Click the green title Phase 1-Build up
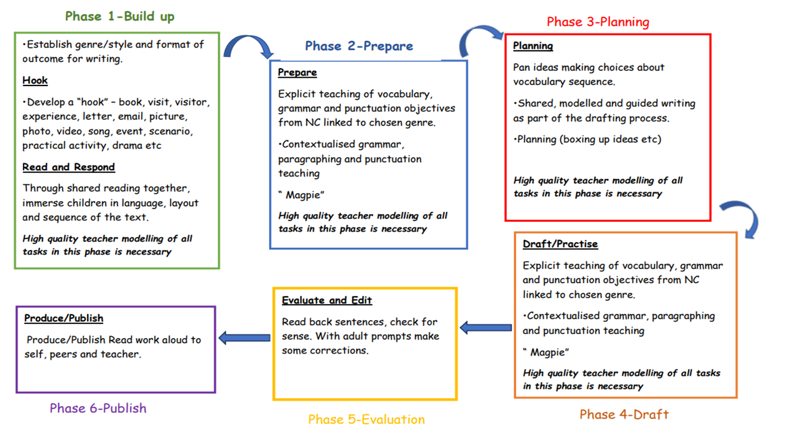tap(120, 16)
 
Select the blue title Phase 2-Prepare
tap(359, 46)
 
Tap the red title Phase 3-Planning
tap(598, 22)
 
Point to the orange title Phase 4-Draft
tap(624, 414)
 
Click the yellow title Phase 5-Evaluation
tap(366, 419)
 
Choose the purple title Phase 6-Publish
tap(98, 408)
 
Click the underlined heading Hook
tap(35, 80)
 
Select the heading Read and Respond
tap(69, 167)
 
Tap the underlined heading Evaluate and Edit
tap(327, 300)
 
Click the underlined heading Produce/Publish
tap(64, 318)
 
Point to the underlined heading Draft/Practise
tap(560, 244)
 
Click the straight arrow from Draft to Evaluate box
tap(485, 328)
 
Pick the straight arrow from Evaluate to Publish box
tap(244, 337)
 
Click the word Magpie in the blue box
tap(302, 194)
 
